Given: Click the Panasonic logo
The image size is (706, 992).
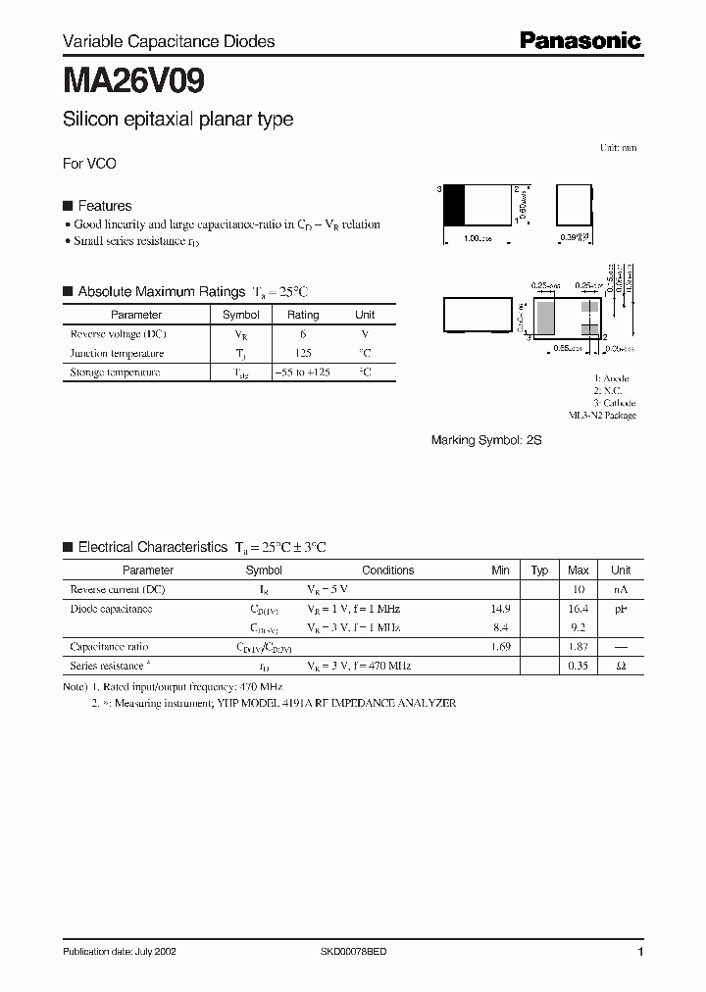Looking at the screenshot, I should point(580,40).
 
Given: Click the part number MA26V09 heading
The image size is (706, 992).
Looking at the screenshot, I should point(133,79).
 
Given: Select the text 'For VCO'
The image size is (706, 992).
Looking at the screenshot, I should point(89,164).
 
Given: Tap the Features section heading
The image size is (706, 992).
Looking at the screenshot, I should point(104,206).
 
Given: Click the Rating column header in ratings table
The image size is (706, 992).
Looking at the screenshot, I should point(302,315).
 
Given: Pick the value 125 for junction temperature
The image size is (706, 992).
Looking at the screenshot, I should point(302,353).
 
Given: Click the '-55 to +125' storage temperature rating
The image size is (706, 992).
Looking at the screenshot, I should point(302,372).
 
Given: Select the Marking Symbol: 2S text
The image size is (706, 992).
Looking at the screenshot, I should point(486,441).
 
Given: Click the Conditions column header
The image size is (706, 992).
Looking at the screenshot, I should point(387,570).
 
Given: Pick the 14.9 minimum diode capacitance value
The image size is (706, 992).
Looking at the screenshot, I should point(500,609).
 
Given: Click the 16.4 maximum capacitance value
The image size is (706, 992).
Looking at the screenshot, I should point(578,609).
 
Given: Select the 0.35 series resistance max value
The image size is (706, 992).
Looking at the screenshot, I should point(578,666).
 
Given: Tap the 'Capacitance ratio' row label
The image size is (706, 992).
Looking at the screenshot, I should point(110,647).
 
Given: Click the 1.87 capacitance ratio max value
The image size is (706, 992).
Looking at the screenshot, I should point(578,647).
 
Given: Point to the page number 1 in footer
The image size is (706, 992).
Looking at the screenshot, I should point(640,952).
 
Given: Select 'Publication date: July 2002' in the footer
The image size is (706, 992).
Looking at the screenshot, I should point(120,952).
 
